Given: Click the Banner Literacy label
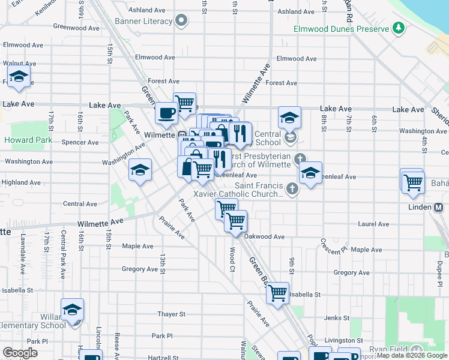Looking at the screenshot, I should point(148,22).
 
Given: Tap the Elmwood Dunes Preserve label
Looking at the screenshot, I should point(342,29).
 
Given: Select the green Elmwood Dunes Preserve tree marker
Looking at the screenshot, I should point(397,28).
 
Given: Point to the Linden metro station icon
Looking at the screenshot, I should point(438,207).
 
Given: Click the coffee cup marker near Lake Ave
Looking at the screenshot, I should point(166,112).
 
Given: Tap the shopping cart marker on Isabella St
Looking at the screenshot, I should point(277,293).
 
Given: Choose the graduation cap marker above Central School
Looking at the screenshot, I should point(289,118).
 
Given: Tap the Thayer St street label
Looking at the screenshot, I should point(171,314).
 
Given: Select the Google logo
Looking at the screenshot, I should point(20,353).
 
